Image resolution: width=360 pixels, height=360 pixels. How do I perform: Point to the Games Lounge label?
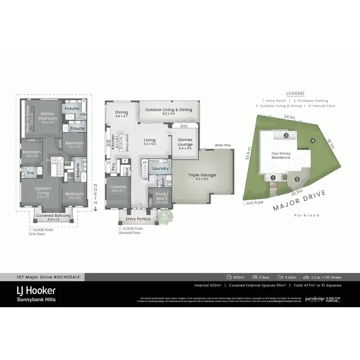pyautogui.click(x=185, y=143)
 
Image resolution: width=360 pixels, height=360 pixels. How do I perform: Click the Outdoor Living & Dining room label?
pyautogui.click(x=168, y=110)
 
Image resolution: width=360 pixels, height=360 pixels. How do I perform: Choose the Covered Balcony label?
pyautogui.click(x=54, y=216)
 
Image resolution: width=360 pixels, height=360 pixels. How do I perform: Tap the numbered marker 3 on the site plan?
pyautogui.click(x=286, y=136)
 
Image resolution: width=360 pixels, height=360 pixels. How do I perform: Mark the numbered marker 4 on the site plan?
pyautogui.click(x=312, y=141)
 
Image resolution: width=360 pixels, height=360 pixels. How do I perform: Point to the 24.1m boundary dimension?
pyautogui.click(x=289, y=117)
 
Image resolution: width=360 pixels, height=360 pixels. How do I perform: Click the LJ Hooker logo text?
pyautogui.click(x=36, y=290)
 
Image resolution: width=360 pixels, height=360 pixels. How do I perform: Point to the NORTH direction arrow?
pyautogui.click(x=96, y=197)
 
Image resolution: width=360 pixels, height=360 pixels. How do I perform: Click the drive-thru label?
pyautogui.click(x=224, y=144)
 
